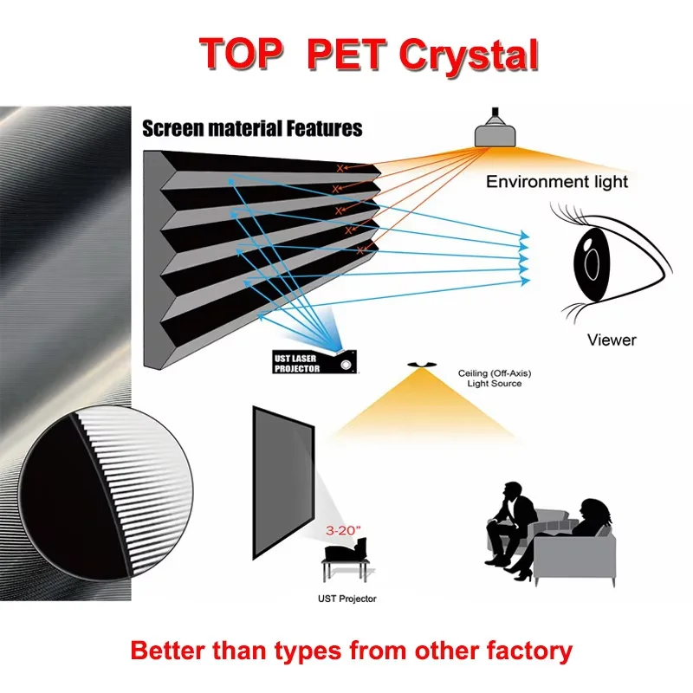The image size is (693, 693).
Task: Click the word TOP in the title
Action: coord(243,54)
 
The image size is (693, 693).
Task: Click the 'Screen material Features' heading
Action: coord(252,129)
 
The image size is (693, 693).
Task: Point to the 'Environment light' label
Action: coord(557,182)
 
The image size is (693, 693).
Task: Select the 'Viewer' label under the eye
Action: coord(612,340)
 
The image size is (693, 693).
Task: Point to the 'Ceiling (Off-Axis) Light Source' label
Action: coord(490,378)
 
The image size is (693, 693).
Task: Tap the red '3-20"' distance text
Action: coord(339,526)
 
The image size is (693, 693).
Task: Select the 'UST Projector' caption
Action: coord(346,598)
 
